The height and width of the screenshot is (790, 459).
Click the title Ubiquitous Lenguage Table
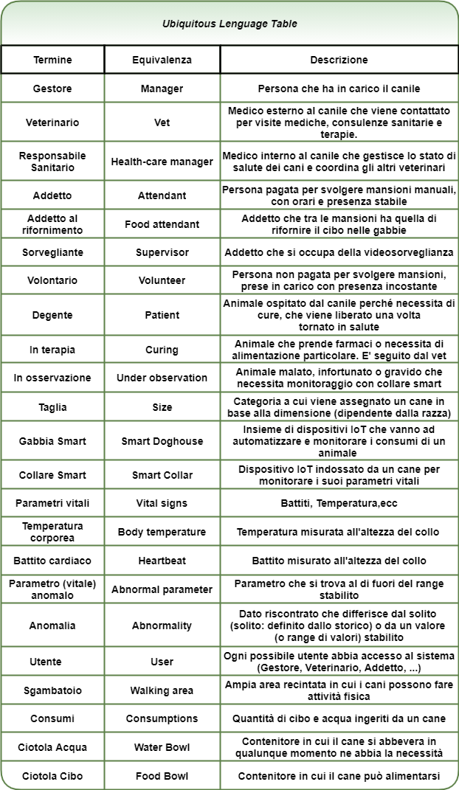[229, 24]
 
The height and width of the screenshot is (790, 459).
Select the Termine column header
[52, 60]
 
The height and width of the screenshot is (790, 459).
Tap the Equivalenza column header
[162, 60]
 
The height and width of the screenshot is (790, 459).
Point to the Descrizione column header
[339, 60]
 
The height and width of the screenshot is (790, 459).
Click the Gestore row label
[52, 89]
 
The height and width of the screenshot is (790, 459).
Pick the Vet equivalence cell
[162, 122]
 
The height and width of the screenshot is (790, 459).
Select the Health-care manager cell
[162, 162]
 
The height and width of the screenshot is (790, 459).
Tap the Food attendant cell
[162, 224]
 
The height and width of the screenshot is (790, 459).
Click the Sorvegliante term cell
[52, 252]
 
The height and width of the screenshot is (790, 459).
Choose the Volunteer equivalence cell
[162, 280]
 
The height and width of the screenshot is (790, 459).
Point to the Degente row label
[52, 315]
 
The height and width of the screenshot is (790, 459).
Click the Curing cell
[162, 350]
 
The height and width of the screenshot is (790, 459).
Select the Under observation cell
[162, 378]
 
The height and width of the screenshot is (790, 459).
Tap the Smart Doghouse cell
[162, 441]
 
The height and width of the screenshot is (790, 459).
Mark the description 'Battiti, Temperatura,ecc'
[339, 503]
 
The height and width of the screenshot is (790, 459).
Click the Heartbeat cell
[162, 561]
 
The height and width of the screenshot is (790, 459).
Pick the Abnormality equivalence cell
[162, 626]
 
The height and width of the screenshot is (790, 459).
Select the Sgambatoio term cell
[52, 690]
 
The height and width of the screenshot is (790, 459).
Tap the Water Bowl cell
[162, 747]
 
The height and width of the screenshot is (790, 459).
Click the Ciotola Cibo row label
[52, 776]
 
